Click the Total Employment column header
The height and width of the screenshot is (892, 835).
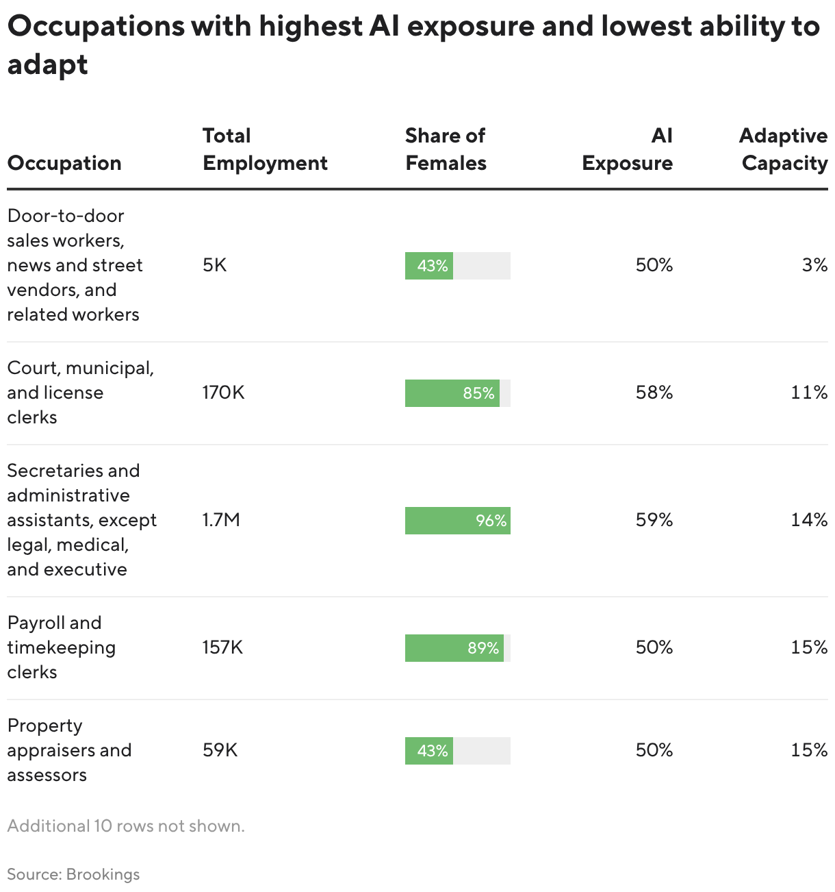[x=265, y=149]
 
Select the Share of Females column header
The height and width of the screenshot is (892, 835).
[x=446, y=149]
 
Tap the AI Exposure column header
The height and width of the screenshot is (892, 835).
[x=627, y=149]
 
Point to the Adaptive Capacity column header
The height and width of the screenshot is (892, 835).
[x=783, y=149]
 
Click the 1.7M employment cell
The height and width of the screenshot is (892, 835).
[x=221, y=520]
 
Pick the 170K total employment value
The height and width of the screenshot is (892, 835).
[x=223, y=393]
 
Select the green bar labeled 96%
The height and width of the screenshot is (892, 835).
[x=457, y=521]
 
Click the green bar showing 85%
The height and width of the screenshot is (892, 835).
[x=452, y=393]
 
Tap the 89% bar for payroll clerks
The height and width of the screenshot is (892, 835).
[x=454, y=648]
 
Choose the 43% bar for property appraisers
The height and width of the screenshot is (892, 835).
[x=429, y=751]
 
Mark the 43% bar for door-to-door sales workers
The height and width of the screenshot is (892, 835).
[x=429, y=266]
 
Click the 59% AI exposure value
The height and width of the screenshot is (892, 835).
[x=654, y=520]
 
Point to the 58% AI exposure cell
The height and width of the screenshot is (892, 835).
[x=654, y=393]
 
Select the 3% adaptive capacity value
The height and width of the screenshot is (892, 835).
[x=814, y=265]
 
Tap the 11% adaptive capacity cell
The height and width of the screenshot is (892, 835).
[x=809, y=393]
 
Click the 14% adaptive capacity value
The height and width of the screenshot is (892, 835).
[x=809, y=520]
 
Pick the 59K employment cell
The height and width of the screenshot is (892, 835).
[x=220, y=750]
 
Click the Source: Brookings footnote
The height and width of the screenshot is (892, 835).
[x=73, y=874]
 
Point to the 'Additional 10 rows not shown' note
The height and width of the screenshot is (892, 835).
[x=126, y=826]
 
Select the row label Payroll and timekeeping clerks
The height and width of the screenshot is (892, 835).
[x=62, y=647]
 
